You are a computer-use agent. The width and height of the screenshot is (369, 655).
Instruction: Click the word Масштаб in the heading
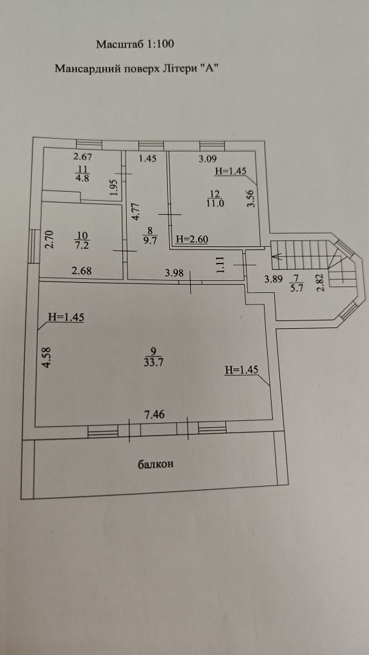(120, 44)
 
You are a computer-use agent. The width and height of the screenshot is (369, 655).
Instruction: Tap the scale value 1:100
(160, 44)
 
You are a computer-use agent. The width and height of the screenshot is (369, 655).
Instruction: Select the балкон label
(156, 464)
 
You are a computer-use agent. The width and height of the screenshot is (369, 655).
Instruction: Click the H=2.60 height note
(192, 239)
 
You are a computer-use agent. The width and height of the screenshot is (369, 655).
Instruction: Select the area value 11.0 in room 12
(217, 203)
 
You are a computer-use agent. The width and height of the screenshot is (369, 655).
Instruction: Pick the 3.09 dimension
(208, 159)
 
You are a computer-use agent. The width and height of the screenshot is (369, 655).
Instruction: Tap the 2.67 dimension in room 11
(83, 157)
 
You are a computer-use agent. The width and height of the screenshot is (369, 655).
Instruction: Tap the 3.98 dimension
(174, 274)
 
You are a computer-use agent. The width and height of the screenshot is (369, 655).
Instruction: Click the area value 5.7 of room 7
(296, 287)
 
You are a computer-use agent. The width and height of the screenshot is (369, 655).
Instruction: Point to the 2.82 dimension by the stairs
(322, 286)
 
